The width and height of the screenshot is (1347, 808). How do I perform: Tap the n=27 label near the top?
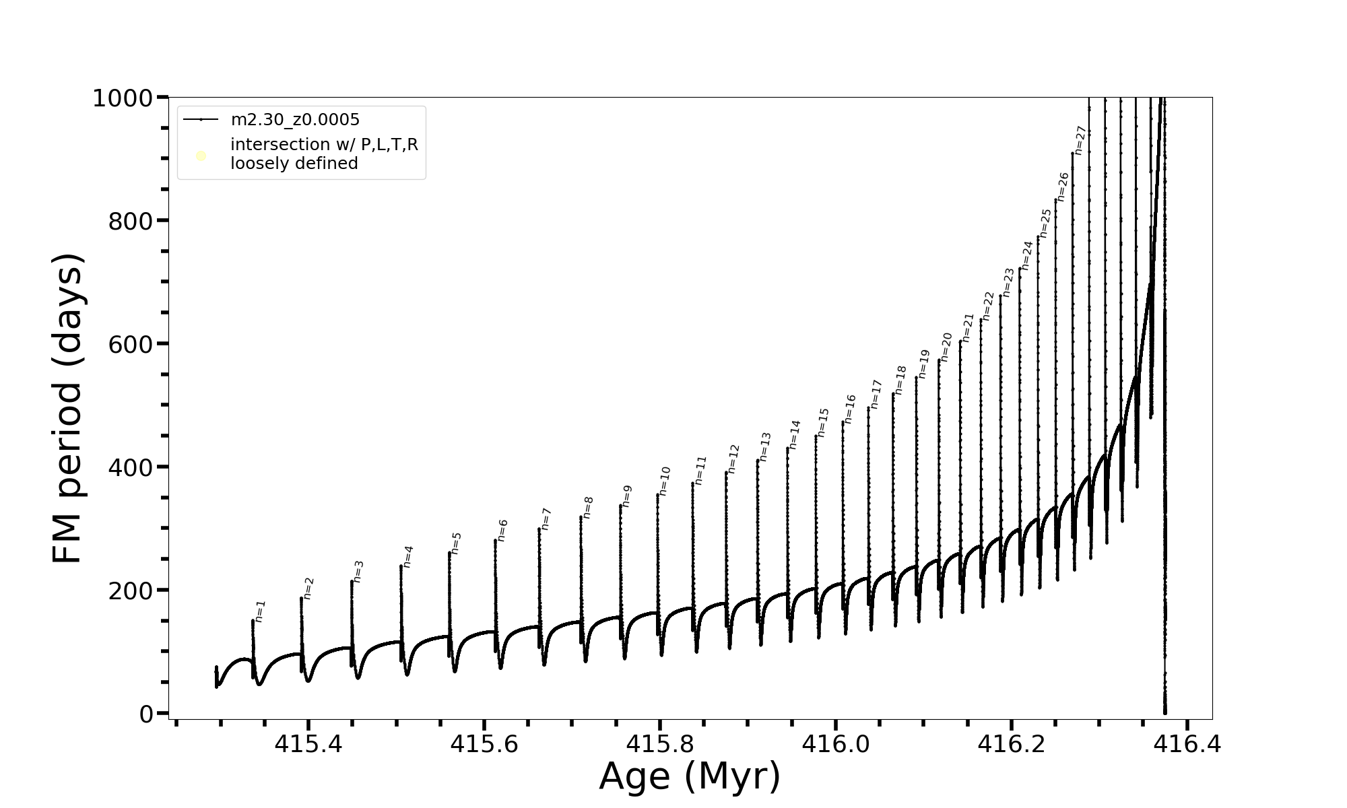[1080, 140]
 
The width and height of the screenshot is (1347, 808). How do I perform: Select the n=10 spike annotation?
[665, 481]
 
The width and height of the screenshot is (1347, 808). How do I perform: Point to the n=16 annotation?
[850, 409]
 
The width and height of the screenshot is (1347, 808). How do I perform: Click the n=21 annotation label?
[968, 328]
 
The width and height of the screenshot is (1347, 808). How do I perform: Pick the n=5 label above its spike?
[456, 543]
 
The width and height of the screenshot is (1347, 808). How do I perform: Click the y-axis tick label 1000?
[123, 99]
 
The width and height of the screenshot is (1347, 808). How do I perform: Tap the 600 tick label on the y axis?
[129, 344]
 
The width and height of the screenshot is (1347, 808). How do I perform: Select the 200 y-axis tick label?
[129, 591]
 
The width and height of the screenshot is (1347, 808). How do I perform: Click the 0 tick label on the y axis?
[147, 714]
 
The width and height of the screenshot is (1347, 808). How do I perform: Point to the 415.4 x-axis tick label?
[308, 745]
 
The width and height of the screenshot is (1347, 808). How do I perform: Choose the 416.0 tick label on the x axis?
[835, 745]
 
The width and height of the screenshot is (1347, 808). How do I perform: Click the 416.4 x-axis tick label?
[1187, 745]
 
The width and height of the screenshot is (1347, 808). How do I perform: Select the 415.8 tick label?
[660, 745]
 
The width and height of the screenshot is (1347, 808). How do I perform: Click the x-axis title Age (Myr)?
[690, 776]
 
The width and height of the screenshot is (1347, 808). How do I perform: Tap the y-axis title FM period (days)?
[67, 409]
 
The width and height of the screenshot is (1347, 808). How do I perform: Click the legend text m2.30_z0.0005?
[295, 120]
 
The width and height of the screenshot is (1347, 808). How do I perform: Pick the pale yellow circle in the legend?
[201, 156]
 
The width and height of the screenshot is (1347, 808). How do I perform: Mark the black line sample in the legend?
[201, 120]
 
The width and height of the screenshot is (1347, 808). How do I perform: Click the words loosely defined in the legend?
[294, 164]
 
